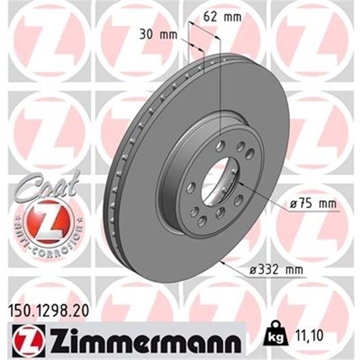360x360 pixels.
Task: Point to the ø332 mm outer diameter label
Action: point(276,271)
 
